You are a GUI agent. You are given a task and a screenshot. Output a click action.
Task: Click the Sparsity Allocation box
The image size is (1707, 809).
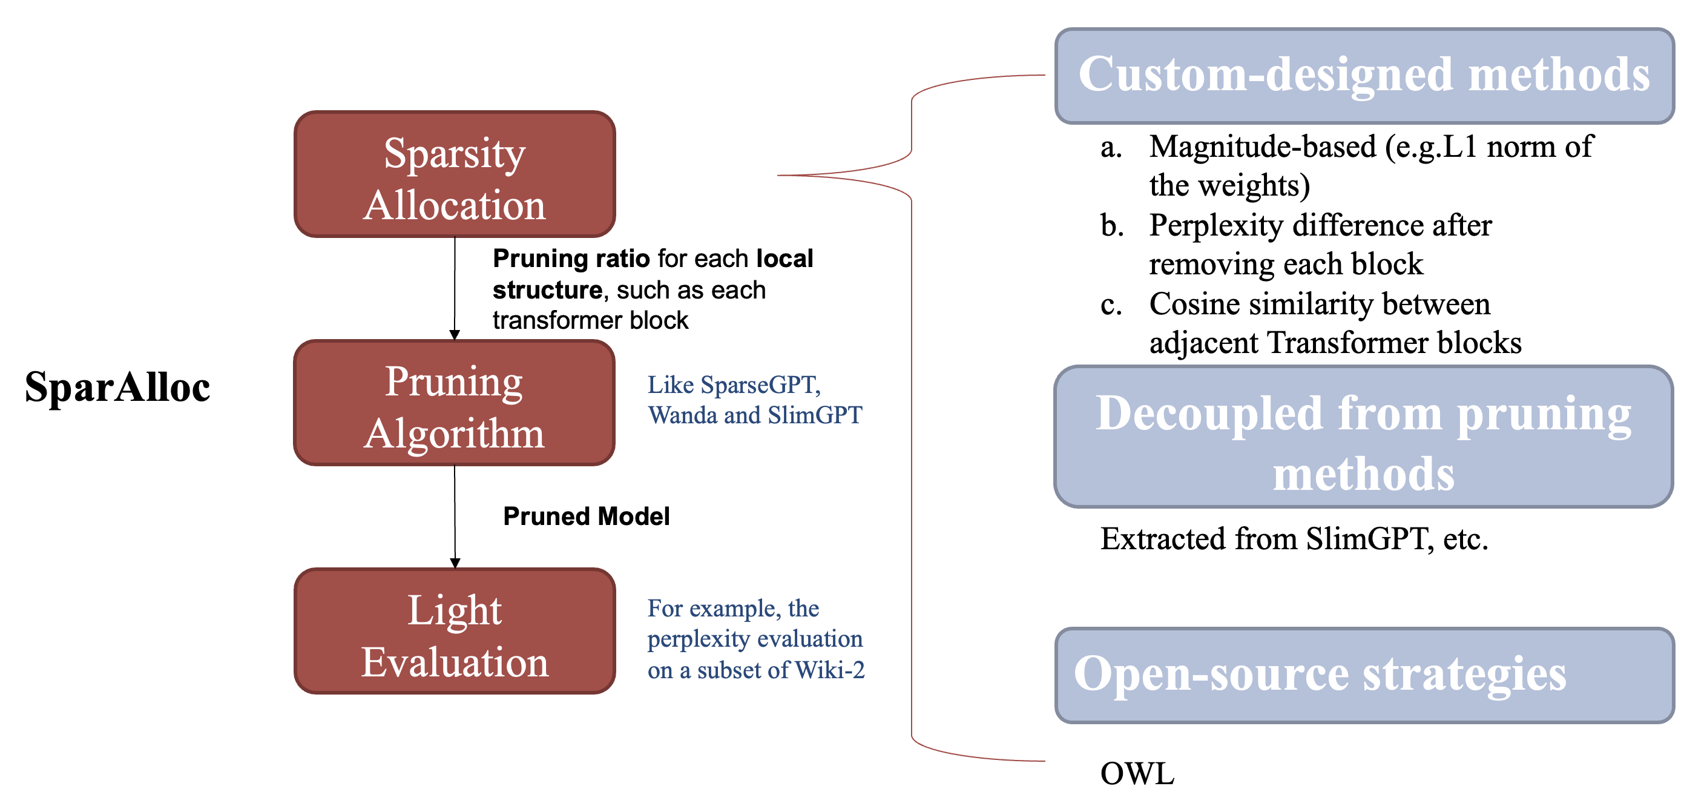tap(455, 174)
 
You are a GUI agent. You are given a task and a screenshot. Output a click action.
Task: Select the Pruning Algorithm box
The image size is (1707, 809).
tap(455, 403)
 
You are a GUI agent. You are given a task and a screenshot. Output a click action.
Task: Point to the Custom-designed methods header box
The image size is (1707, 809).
tap(1364, 76)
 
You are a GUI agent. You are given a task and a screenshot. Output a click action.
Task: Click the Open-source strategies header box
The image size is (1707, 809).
tap(1364, 675)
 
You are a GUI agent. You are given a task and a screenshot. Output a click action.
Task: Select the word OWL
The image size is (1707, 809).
tap(1137, 774)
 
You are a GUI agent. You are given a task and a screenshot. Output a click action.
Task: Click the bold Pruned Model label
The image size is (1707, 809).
tap(587, 517)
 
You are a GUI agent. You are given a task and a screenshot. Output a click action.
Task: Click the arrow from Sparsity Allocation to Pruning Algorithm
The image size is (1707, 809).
tap(455, 288)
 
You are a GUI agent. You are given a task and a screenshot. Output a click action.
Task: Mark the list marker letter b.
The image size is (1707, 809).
tap(1112, 226)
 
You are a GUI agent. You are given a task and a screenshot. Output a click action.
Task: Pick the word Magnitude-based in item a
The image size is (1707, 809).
tap(1261, 147)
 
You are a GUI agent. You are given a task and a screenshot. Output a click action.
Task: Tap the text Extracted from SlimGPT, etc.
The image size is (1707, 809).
tap(1294, 538)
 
